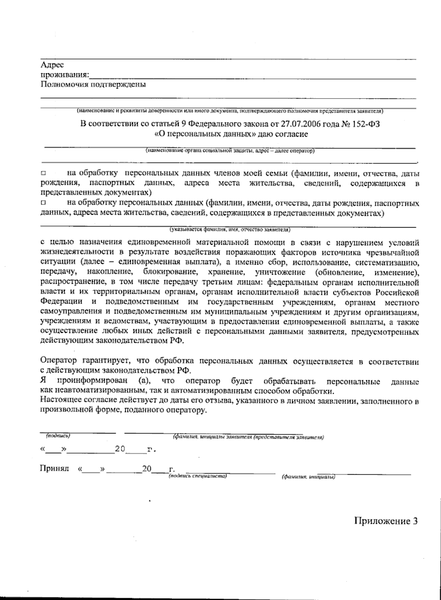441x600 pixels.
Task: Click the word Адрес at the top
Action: tap(52, 65)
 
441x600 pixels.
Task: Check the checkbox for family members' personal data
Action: tap(43, 173)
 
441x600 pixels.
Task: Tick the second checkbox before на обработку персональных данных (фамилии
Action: tap(43, 203)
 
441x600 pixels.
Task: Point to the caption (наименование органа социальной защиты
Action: tap(230, 151)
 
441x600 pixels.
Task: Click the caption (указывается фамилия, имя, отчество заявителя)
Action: tap(230, 230)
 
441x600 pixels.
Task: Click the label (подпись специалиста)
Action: tap(197, 476)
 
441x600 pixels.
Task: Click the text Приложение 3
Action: tap(386, 521)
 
